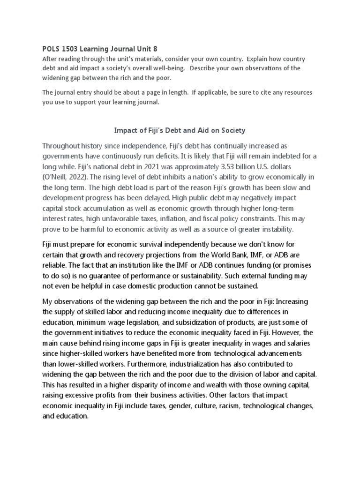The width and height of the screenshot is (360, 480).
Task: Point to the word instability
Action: (275, 229)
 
